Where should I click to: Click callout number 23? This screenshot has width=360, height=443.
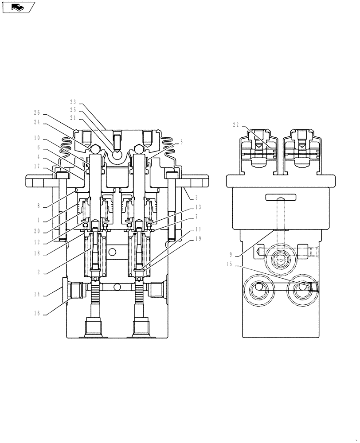tap(73, 102)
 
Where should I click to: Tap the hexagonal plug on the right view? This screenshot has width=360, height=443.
tap(258, 253)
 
